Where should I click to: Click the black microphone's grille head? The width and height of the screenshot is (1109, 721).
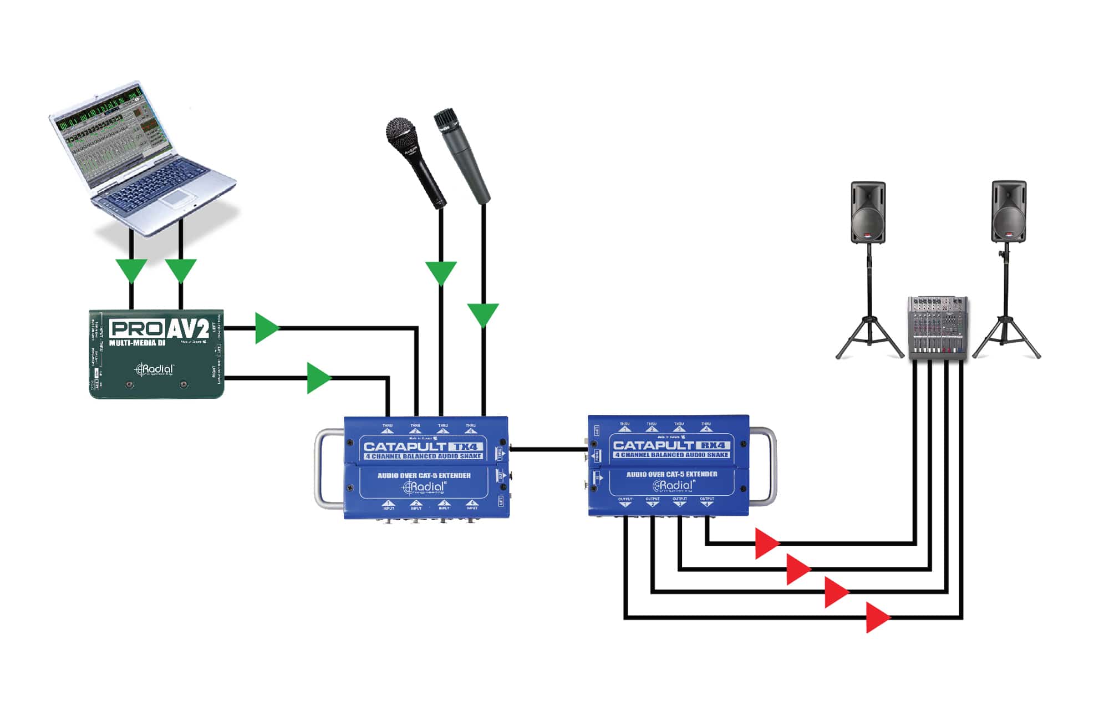400,133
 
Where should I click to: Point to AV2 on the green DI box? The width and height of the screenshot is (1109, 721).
187,329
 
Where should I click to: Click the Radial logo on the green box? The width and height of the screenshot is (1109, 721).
156,369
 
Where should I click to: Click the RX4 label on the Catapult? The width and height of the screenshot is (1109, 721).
713,445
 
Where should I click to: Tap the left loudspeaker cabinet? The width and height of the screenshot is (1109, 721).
868,212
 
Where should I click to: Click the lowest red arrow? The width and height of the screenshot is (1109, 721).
877,617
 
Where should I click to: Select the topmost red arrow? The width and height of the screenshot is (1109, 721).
766,543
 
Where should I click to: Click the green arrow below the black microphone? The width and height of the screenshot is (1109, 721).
441,272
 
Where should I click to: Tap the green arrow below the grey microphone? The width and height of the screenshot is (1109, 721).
483,314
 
